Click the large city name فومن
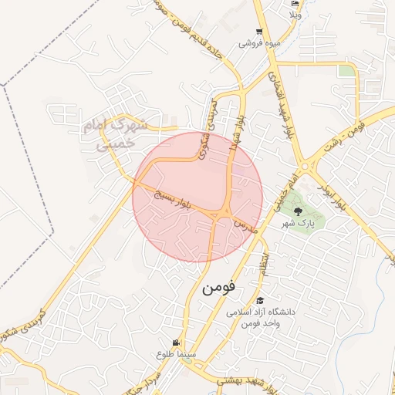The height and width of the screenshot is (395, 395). [218, 288]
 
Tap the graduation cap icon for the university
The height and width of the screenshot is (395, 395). [260, 301]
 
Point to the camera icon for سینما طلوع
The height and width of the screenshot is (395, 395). [177, 343]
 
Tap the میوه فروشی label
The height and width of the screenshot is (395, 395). [261, 44]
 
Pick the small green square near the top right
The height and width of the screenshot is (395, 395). [347, 71]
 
